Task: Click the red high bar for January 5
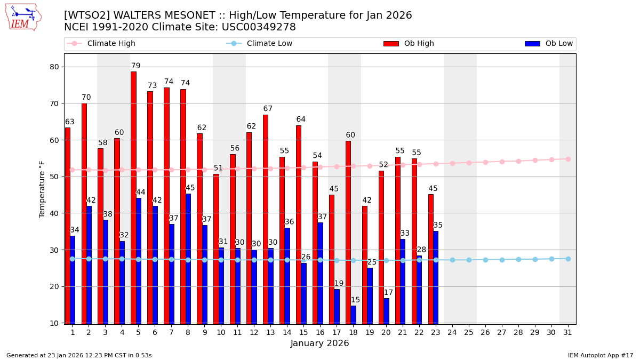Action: pos(133,197)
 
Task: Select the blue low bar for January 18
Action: pos(353,315)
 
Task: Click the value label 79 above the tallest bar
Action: pos(136,66)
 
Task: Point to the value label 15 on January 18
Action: pos(355,300)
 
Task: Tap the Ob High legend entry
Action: pos(409,44)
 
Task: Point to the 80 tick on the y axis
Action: pos(54,67)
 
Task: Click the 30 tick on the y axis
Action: pos(54,250)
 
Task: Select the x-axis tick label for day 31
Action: pos(568,332)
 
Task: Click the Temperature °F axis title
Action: pos(42,189)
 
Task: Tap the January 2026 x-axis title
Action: pos(320,343)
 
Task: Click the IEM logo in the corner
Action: pos(23,17)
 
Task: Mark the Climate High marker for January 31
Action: pos(568,159)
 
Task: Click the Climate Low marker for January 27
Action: pos(502,260)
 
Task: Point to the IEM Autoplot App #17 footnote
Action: pos(600,355)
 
